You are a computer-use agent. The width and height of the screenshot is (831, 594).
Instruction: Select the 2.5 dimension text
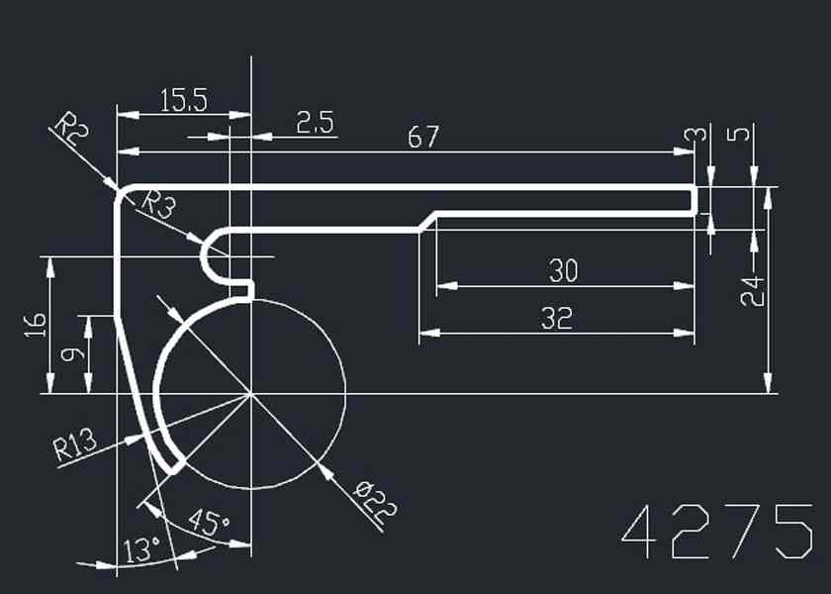[x=316, y=123]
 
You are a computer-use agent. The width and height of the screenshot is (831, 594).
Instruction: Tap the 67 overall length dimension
[x=422, y=138]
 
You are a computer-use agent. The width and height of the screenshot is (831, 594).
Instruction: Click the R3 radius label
[x=157, y=206]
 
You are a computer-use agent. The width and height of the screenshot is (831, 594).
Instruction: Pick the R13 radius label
[x=74, y=446]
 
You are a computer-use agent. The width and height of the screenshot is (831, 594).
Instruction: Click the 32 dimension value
[x=556, y=318]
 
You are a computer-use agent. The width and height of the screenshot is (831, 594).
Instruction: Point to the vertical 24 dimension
[x=753, y=290]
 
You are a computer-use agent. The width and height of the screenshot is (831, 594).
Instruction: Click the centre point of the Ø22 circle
[x=252, y=393]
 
